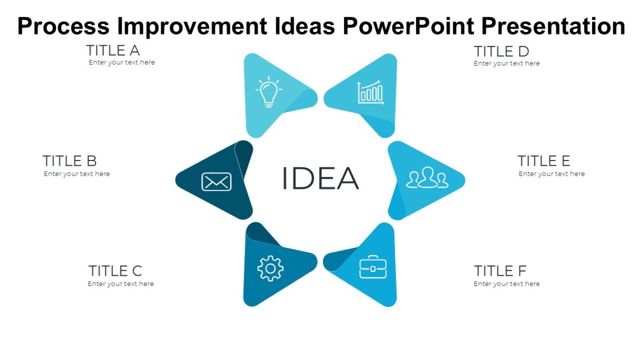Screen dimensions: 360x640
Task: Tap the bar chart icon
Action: (x=371, y=93)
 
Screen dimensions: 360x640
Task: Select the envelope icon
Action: (x=216, y=182)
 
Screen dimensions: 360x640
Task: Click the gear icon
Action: (x=270, y=268)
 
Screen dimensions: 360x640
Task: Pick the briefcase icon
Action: (x=373, y=267)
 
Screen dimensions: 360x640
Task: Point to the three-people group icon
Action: (x=426, y=178)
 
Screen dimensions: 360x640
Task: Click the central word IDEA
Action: (x=320, y=178)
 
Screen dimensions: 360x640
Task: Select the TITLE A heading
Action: (x=113, y=51)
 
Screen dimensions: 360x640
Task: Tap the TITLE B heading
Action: (x=69, y=161)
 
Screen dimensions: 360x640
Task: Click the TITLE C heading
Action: (x=115, y=271)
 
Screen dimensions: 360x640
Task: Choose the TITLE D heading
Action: (x=501, y=52)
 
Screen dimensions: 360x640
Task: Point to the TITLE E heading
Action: (x=543, y=161)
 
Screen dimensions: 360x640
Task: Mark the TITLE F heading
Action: (x=500, y=271)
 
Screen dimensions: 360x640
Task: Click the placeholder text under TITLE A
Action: (x=122, y=62)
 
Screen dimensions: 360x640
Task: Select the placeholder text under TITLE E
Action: (x=551, y=174)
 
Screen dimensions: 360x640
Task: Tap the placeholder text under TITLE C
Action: (x=121, y=284)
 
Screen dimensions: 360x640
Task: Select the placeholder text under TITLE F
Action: (x=507, y=284)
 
